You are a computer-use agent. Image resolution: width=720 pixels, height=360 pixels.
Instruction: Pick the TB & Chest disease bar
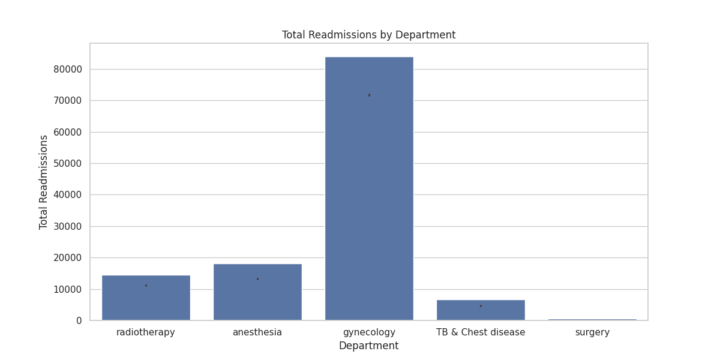click(481, 310)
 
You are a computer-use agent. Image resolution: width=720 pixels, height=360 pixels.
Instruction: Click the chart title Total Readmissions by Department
click(368, 35)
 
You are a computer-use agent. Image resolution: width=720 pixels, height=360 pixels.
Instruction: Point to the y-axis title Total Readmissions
click(44, 182)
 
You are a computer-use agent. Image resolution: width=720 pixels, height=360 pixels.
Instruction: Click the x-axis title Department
click(368, 346)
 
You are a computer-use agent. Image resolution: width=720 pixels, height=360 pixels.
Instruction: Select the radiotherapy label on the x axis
click(146, 332)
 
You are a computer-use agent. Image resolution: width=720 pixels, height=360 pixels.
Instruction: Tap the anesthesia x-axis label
click(257, 332)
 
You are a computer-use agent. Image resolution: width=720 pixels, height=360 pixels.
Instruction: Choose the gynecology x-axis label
click(369, 332)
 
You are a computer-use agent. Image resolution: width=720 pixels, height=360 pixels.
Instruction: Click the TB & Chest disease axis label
click(481, 332)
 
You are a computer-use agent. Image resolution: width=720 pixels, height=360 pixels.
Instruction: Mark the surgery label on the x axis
click(592, 332)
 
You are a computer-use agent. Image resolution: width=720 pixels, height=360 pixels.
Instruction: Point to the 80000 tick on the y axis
click(67, 69)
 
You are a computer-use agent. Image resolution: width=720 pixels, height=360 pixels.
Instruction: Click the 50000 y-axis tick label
click(67, 164)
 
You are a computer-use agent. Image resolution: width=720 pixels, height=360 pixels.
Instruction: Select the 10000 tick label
click(67, 289)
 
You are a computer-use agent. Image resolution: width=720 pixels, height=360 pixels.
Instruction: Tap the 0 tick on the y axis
click(79, 321)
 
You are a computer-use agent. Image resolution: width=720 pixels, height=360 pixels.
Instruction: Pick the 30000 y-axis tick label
click(67, 227)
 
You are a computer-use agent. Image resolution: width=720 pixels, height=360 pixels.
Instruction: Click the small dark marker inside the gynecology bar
click(369, 95)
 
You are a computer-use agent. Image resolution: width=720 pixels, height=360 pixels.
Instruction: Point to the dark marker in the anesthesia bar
click(257, 279)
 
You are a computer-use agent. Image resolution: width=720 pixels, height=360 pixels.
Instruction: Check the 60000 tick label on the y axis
click(67, 132)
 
